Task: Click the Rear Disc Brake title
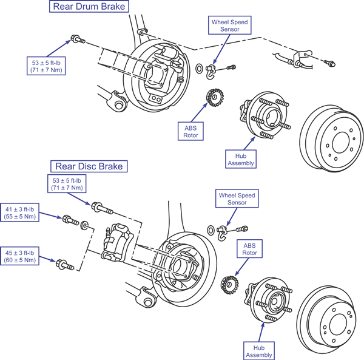point(89,165)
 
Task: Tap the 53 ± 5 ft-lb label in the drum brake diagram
point(47,66)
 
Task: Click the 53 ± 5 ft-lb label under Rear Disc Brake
point(68,184)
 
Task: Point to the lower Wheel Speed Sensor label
point(236,200)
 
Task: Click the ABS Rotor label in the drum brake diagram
point(191,131)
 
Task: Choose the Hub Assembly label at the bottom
point(259,350)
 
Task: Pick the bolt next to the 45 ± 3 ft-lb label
point(65,265)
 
